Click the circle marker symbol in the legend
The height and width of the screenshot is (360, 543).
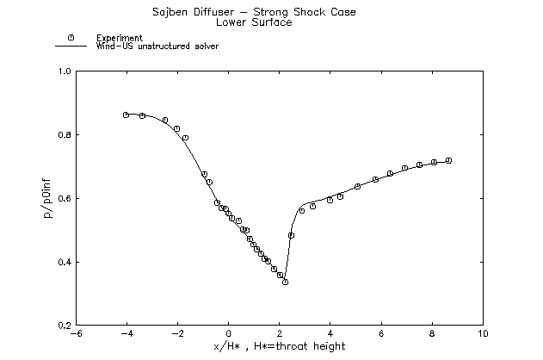click(x=71, y=38)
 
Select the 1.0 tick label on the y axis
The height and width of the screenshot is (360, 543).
click(x=65, y=71)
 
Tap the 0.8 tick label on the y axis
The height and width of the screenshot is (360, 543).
click(x=65, y=135)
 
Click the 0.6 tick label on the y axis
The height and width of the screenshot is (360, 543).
click(x=65, y=199)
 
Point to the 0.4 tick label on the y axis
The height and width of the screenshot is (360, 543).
click(x=65, y=263)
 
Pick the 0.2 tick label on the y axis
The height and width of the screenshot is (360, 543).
click(x=65, y=326)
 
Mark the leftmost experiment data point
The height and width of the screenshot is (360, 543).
click(x=126, y=115)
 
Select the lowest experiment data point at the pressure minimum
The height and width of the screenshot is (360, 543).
click(x=285, y=282)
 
